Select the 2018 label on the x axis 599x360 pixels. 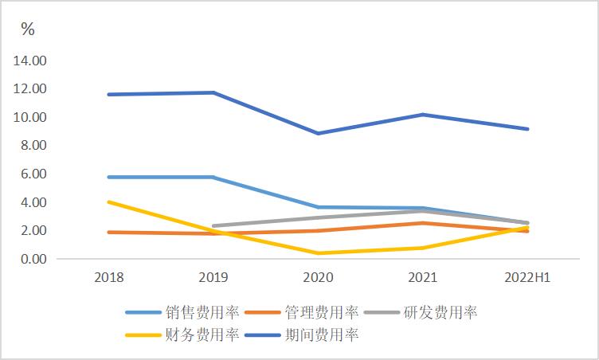click(109, 277)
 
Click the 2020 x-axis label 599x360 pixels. click(319, 277)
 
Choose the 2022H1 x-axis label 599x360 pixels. click(528, 277)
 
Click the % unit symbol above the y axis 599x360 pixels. click(28, 29)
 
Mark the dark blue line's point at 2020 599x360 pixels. click(319, 133)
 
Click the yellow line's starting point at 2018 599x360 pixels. click(109, 202)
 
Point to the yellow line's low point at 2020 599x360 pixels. click(319, 253)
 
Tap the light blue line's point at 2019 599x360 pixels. click(213, 177)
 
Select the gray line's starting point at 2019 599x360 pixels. click(213, 226)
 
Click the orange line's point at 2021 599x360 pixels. click(423, 223)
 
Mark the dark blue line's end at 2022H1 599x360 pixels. click(528, 129)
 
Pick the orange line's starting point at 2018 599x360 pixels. click(109, 233)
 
